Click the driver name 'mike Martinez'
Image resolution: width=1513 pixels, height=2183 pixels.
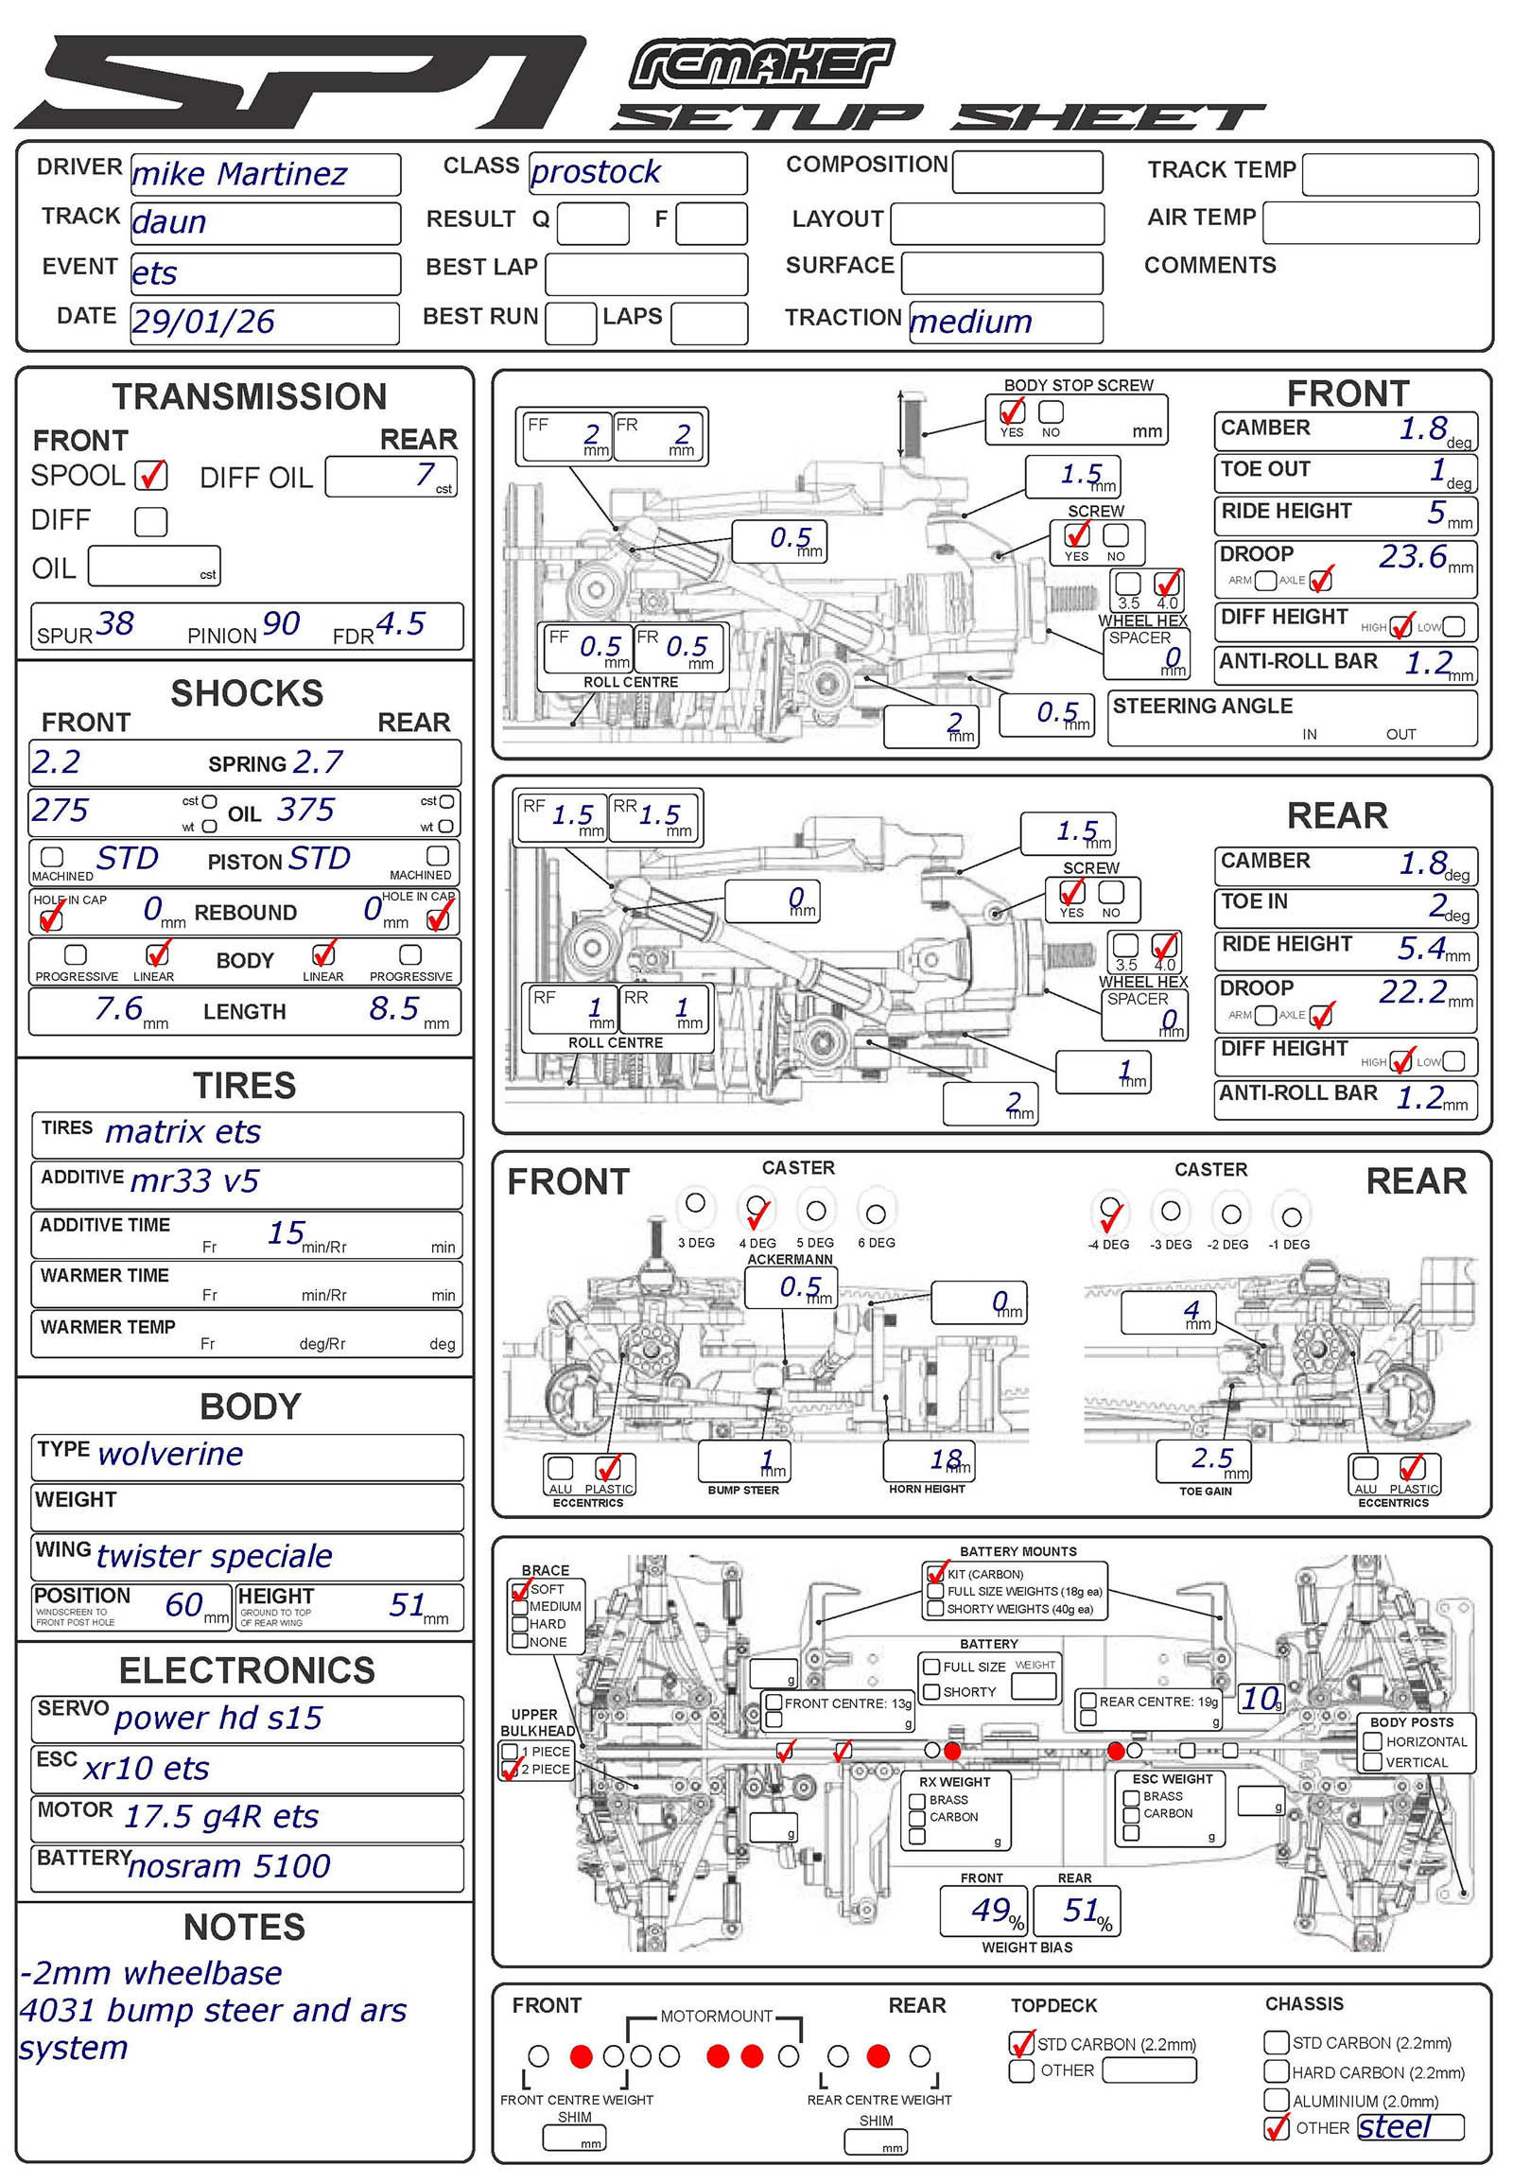click(239, 174)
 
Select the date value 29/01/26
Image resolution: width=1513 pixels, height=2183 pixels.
click(203, 323)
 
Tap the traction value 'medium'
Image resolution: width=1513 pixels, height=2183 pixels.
click(970, 323)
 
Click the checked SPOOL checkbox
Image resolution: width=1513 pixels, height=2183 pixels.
click(150, 475)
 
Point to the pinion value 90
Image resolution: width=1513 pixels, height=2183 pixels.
click(281, 624)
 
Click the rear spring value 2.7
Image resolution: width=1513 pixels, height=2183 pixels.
click(317, 761)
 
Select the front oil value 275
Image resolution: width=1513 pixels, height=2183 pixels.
click(60, 810)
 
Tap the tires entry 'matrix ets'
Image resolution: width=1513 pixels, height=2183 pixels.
click(183, 1132)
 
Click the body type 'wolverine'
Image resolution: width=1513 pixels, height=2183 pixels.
click(170, 1455)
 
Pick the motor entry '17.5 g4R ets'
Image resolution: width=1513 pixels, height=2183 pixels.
click(222, 1817)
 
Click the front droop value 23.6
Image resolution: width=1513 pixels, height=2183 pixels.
click(1412, 557)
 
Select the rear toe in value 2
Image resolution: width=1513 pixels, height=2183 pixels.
click(1438, 904)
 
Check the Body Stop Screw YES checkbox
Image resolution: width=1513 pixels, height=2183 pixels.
click(1012, 411)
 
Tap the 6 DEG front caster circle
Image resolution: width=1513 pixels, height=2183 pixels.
click(876, 1214)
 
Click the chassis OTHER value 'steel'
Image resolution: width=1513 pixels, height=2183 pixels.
click(1394, 2128)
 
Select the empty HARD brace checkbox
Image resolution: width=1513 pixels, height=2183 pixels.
click(519, 1624)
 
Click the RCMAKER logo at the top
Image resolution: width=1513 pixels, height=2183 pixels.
click(760, 64)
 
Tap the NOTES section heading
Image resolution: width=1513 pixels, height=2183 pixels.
click(245, 1928)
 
